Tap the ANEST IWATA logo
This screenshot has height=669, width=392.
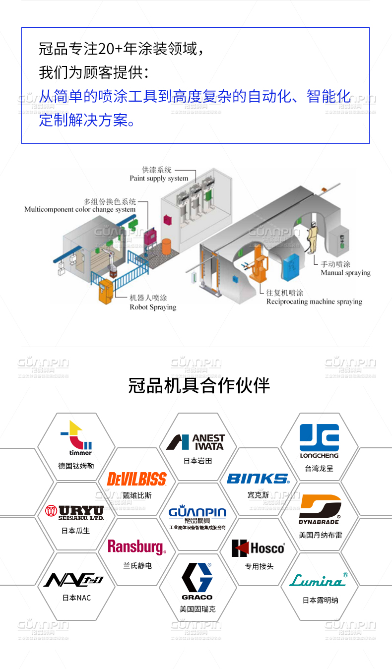pyautogui.click(x=196, y=441)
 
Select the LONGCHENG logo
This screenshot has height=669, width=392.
pyautogui.click(x=319, y=441)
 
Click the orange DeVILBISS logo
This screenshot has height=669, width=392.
pyautogui.click(x=136, y=479)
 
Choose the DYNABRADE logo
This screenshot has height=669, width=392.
pyautogui.click(x=320, y=509)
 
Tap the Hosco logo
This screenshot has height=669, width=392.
pyautogui.click(x=258, y=548)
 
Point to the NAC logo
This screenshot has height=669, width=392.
pyautogui.click(x=74, y=580)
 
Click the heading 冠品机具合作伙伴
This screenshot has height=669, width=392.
pyautogui.click(x=198, y=385)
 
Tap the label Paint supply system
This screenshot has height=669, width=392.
pyautogui.click(x=159, y=178)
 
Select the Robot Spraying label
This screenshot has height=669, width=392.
pyautogui.click(x=153, y=307)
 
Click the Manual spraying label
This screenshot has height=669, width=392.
pyautogui.click(x=345, y=273)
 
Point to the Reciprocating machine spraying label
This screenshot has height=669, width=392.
pyautogui.click(x=314, y=302)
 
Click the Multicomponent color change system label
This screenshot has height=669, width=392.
pyautogui.click(x=80, y=209)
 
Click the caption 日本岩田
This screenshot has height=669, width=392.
pyautogui.click(x=197, y=461)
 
